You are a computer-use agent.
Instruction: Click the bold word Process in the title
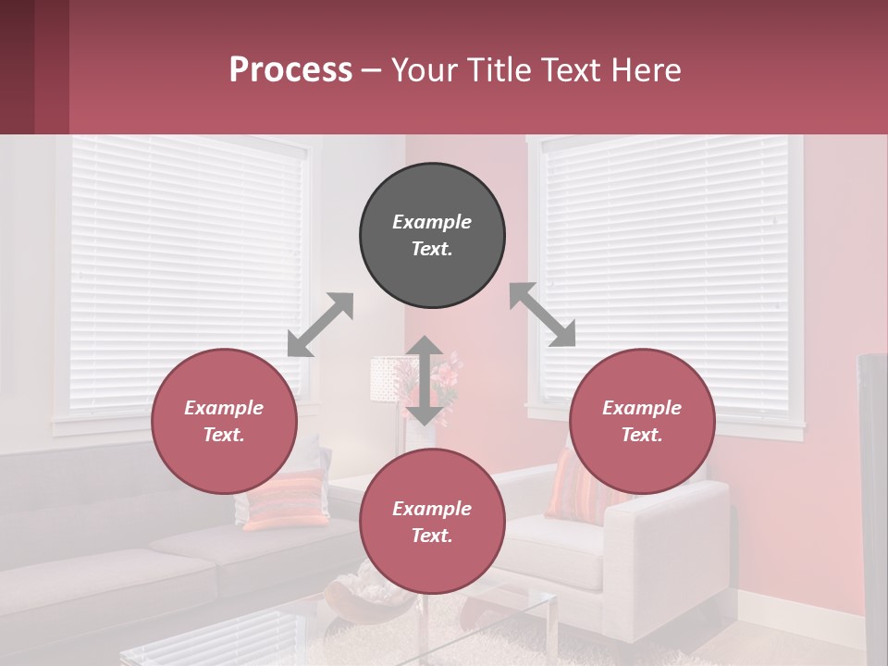point(290,70)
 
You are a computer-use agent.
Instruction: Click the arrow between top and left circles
point(320,325)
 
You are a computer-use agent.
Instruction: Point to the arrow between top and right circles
point(542,314)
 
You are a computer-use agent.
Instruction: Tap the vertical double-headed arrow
point(425,380)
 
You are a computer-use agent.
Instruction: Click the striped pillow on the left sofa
point(285,499)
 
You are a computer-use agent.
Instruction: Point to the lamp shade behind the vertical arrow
point(386,379)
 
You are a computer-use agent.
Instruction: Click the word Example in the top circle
point(432,222)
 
